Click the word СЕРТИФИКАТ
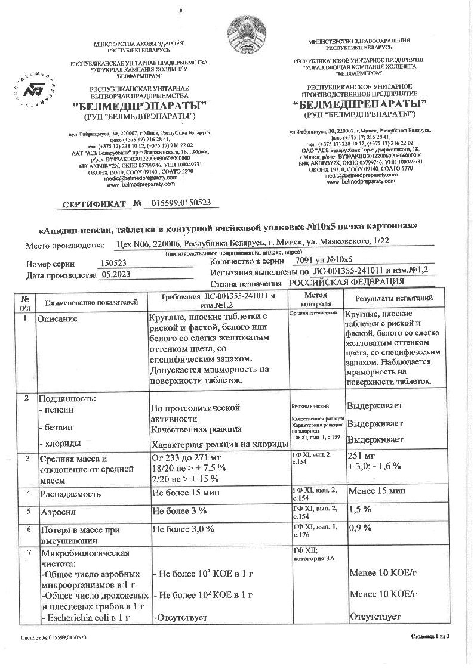[98, 205]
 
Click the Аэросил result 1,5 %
[359, 509]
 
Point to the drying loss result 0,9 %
[359, 528]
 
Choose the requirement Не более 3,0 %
[179, 528]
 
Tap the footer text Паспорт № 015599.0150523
[53, 637]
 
